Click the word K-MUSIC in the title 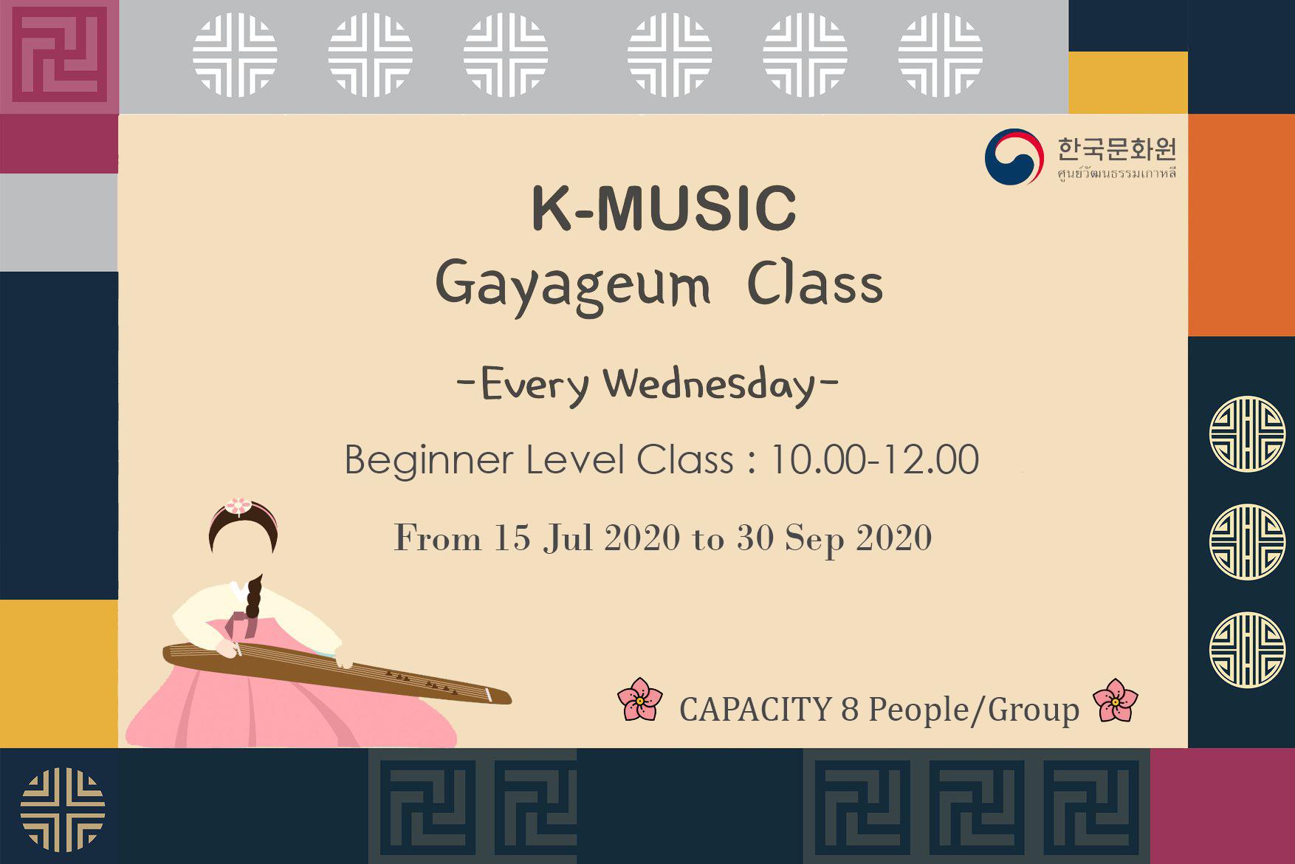[x=664, y=208]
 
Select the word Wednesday [x=708, y=385]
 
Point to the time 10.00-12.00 [x=874, y=459]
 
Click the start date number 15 [x=512, y=538]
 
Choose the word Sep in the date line [x=814, y=540]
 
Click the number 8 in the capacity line [x=849, y=710]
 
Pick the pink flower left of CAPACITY [x=640, y=699]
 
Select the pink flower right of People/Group [x=1115, y=700]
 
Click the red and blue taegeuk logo [x=1014, y=157]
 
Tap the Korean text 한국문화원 [x=1116, y=149]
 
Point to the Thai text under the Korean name [x=1116, y=174]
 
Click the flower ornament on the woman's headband [x=238, y=506]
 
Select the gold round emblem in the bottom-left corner [x=63, y=809]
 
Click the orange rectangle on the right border [x=1241, y=225]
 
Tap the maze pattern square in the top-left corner [x=59, y=57]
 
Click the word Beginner [x=428, y=461]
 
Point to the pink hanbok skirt [x=288, y=709]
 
